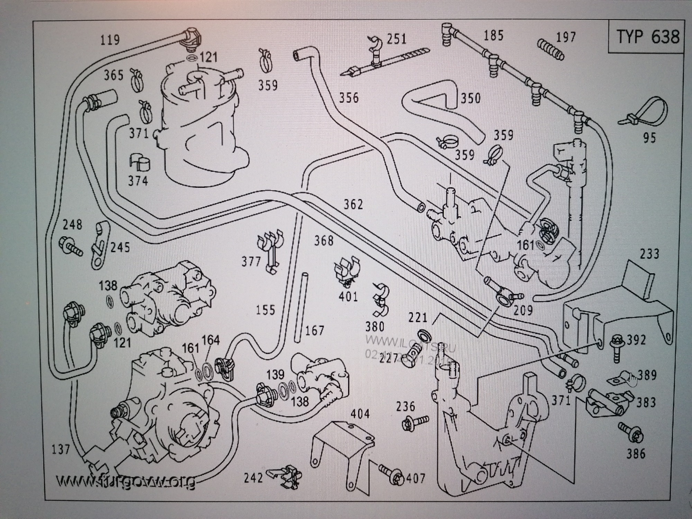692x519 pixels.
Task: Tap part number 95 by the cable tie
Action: coord(649,138)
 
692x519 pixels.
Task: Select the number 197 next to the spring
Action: coord(566,37)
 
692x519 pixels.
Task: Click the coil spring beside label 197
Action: coord(550,49)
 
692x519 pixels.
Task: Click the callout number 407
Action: coord(416,478)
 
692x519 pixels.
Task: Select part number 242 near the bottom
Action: coord(254,478)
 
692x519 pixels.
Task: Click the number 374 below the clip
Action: coord(138,181)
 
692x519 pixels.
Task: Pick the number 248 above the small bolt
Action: coord(72,225)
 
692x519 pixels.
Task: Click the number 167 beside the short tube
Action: coord(314,330)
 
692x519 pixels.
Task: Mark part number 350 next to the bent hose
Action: coord(471,98)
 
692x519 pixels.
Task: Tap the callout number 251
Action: coord(397,38)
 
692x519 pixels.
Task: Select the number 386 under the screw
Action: coord(636,454)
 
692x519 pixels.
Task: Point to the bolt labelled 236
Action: coord(415,422)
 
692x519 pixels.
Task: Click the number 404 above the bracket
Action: coord(360,414)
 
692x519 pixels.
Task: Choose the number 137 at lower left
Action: coord(61,449)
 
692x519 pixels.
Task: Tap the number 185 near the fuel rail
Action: coord(493,35)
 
